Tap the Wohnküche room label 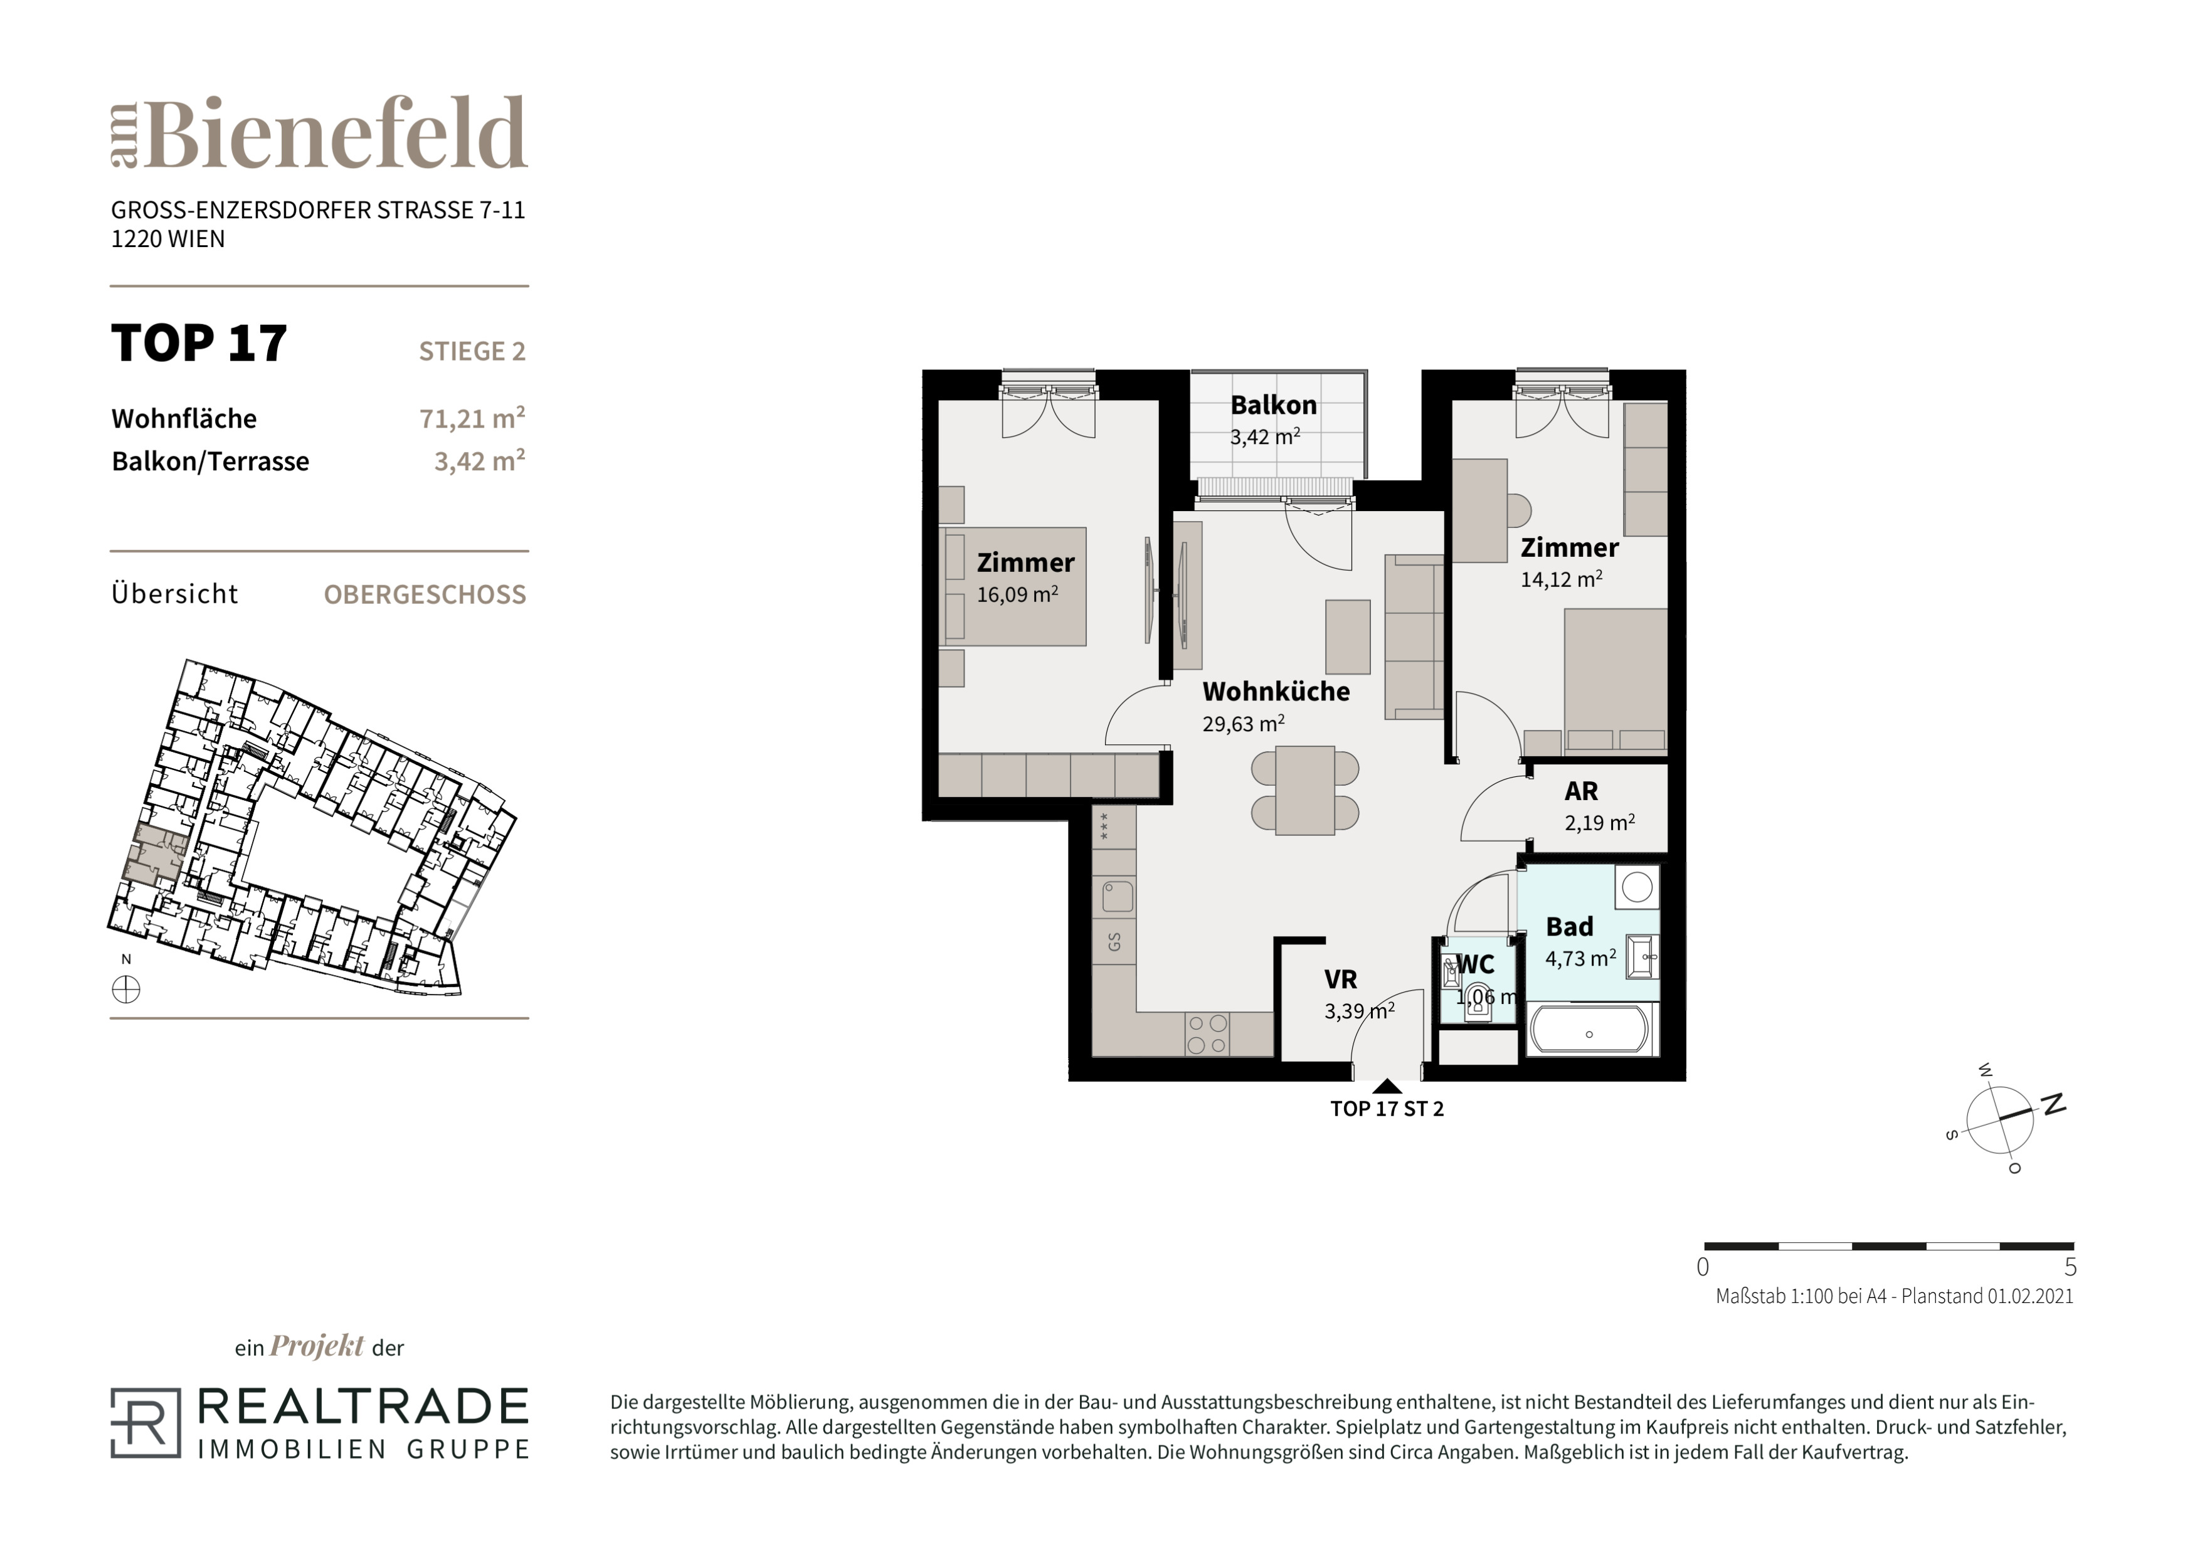click(1276, 691)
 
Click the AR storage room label click(1581, 791)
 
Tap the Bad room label click(1570, 926)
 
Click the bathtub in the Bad click(1589, 1031)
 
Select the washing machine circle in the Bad click(1637, 886)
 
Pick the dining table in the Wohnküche click(1305, 790)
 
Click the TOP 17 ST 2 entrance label click(1387, 1109)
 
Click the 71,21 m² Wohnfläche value click(472, 418)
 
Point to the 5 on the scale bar click(2071, 1268)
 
